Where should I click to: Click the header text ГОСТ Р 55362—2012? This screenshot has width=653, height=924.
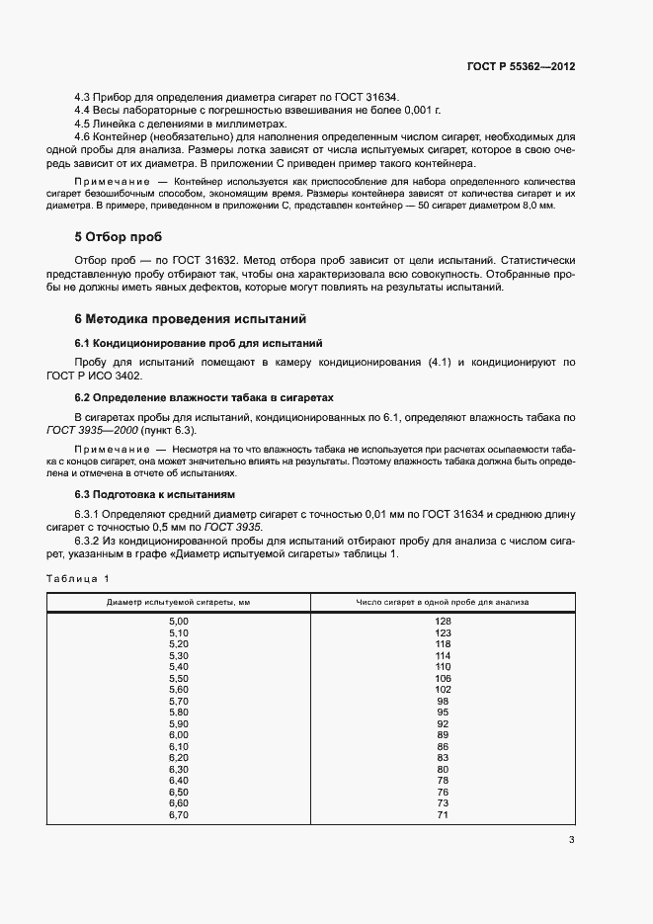[521, 66]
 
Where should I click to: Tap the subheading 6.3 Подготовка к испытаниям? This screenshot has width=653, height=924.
[155, 494]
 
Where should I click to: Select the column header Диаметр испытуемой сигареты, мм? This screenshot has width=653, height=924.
[178, 601]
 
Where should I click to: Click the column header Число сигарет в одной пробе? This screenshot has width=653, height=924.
[442, 601]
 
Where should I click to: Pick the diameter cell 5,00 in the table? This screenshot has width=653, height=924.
[178, 620]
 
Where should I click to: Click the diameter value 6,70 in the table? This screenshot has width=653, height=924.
[178, 815]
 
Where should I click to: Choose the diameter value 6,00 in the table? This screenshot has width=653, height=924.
[178, 735]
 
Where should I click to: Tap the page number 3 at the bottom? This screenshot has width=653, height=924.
[571, 841]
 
